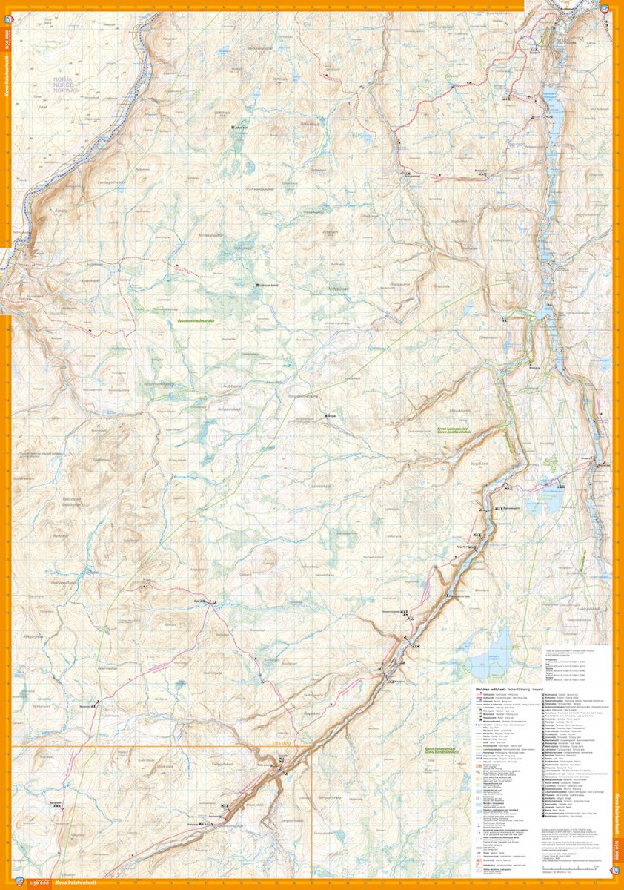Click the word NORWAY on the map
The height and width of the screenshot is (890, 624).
point(65,91)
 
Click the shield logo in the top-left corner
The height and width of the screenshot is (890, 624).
point(7,9)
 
